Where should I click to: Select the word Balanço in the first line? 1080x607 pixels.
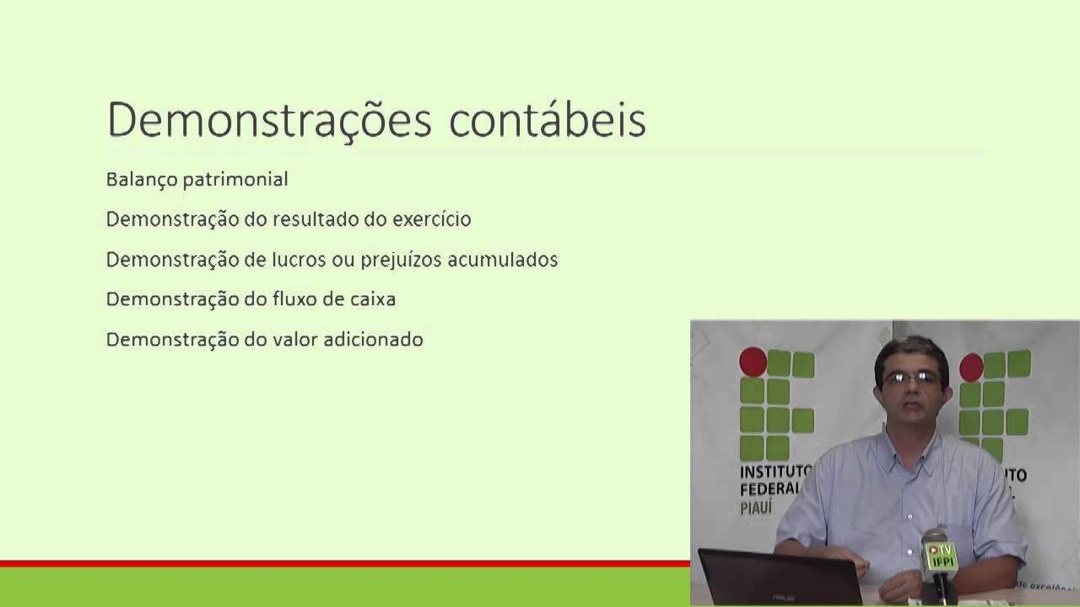tap(137, 180)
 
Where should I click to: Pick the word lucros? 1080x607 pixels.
tap(295, 260)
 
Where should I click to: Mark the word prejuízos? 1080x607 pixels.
tap(401, 260)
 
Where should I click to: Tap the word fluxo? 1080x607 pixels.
tap(294, 299)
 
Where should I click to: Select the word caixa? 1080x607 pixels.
tap(370, 299)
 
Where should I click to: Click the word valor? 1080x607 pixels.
tap(294, 340)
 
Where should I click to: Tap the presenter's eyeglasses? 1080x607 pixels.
tap(912, 378)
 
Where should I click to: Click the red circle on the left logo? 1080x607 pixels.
tap(753, 363)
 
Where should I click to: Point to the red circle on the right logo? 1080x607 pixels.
tap(971, 367)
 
